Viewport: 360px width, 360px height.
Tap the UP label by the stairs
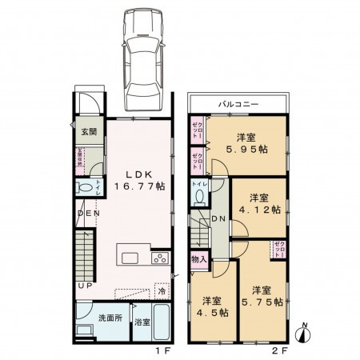point(84,286)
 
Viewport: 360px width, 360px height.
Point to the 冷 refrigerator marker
point(162,294)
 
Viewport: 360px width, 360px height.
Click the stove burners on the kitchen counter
point(158,258)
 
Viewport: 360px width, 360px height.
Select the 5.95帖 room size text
point(246,149)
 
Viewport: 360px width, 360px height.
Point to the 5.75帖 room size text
point(266,302)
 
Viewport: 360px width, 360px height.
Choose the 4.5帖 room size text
point(212,313)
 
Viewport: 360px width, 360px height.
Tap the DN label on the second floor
point(218,219)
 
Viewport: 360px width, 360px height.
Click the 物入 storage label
point(199,259)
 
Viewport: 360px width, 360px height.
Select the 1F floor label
point(160,350)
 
